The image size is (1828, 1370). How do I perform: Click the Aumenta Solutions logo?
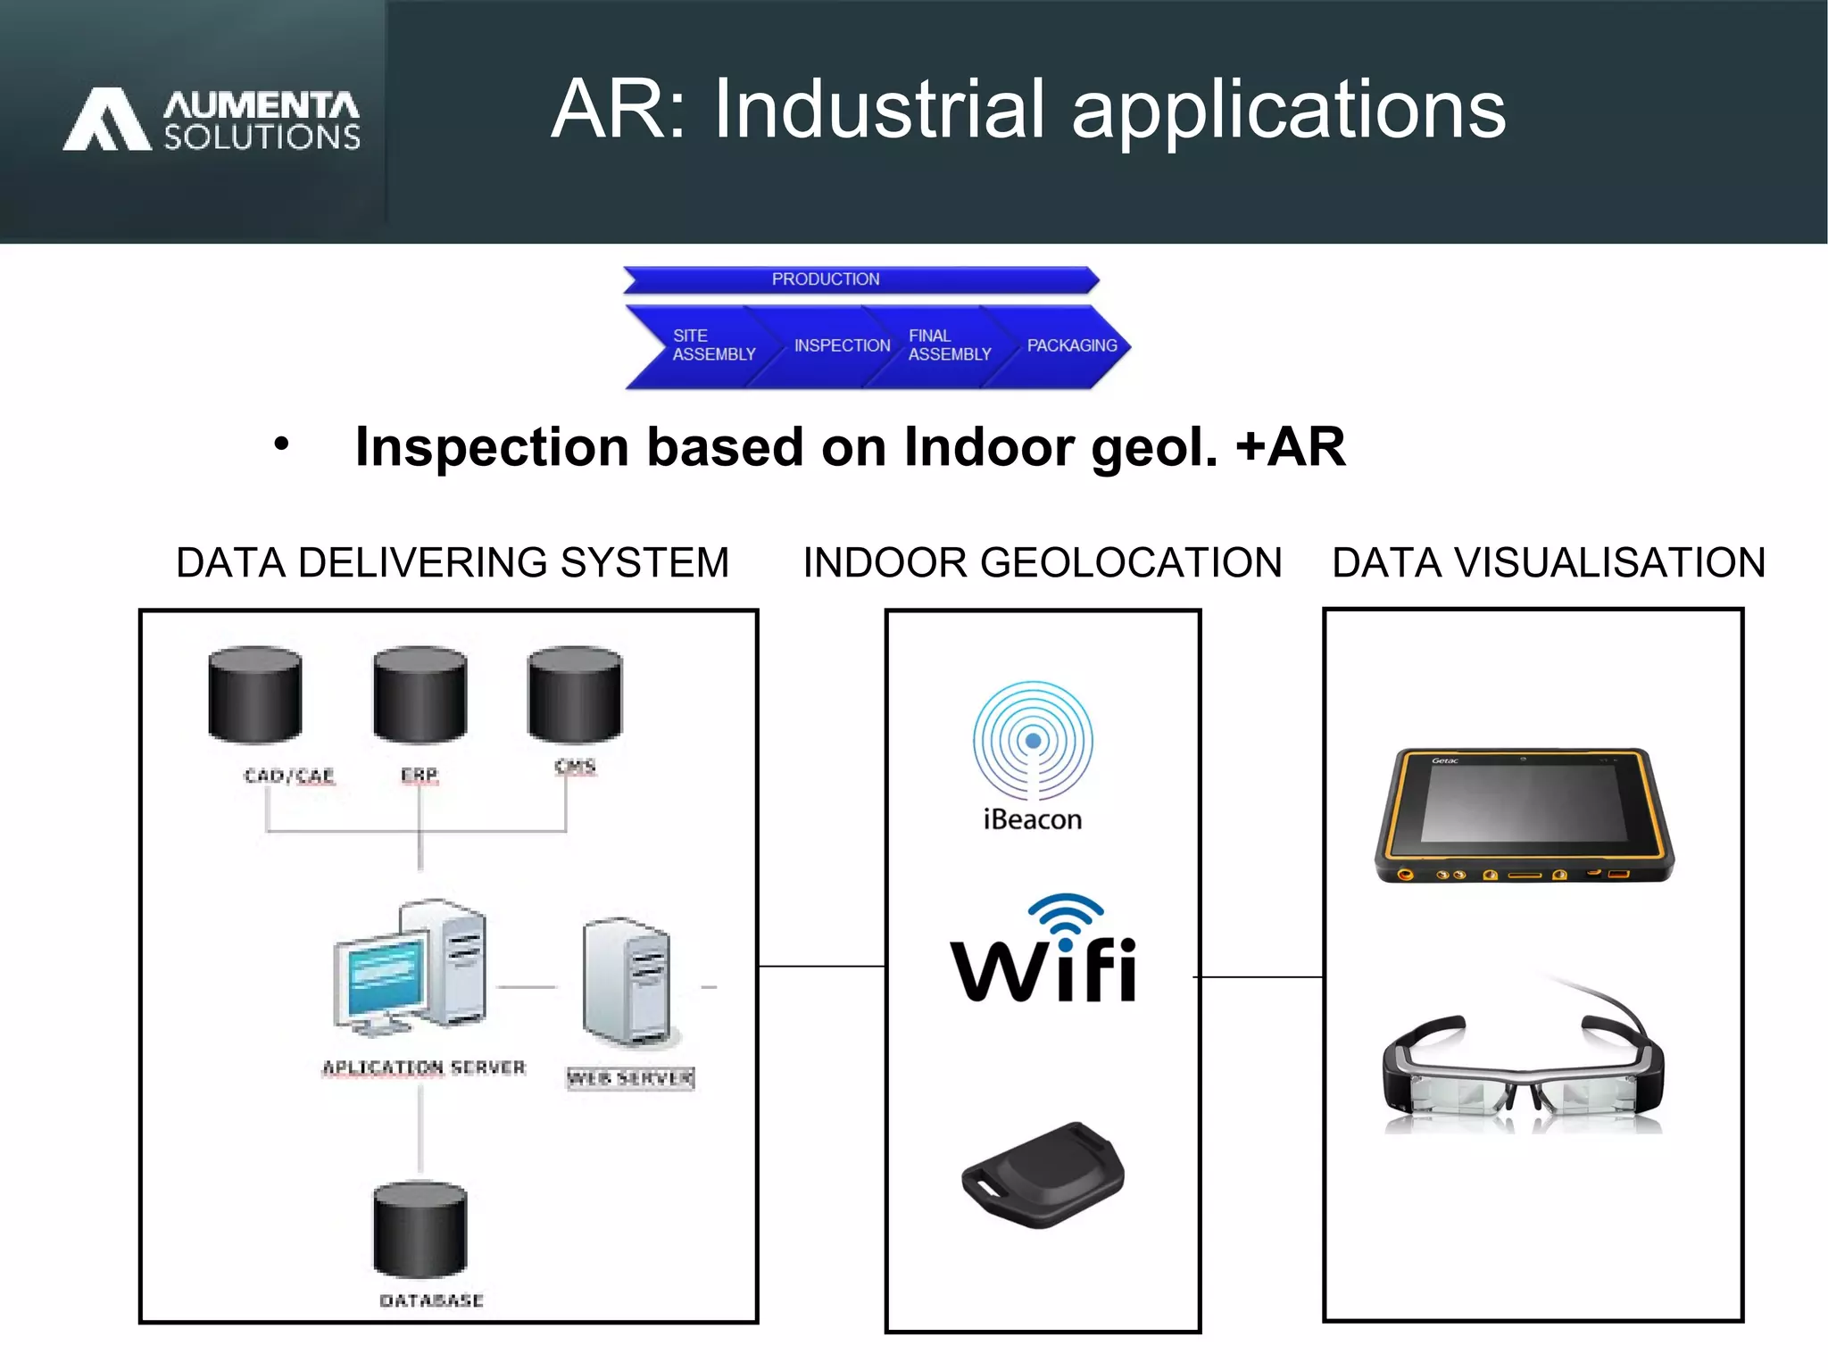click(x=212, y=120)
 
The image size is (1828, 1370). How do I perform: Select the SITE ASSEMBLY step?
click(x=705, y=345)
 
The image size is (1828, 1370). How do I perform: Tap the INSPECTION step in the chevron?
click(x=842, y=345)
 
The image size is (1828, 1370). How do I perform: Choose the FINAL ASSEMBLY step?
click(x=948, y=345)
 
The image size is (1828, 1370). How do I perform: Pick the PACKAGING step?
click(x=1071, y=345)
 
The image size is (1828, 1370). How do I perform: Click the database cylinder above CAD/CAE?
click(x=254, y=695)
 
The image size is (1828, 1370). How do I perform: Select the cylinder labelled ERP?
click(x=420, y=695)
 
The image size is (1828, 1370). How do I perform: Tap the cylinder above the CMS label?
click(x=574, y=694)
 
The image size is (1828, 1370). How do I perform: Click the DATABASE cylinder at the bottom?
click(x=420, y=1229)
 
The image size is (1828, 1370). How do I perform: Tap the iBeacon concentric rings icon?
click(x=1033, y=741)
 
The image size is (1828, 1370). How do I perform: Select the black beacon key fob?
click(x=1042, y=1175)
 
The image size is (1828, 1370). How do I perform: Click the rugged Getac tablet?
click(x=1524, y=815)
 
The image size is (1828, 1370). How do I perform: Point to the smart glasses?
click(x=1524, y=1067)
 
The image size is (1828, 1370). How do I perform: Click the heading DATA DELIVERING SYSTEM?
click(x=453, y=563)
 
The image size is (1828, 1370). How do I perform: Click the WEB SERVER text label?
click(x=630, y=1078)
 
